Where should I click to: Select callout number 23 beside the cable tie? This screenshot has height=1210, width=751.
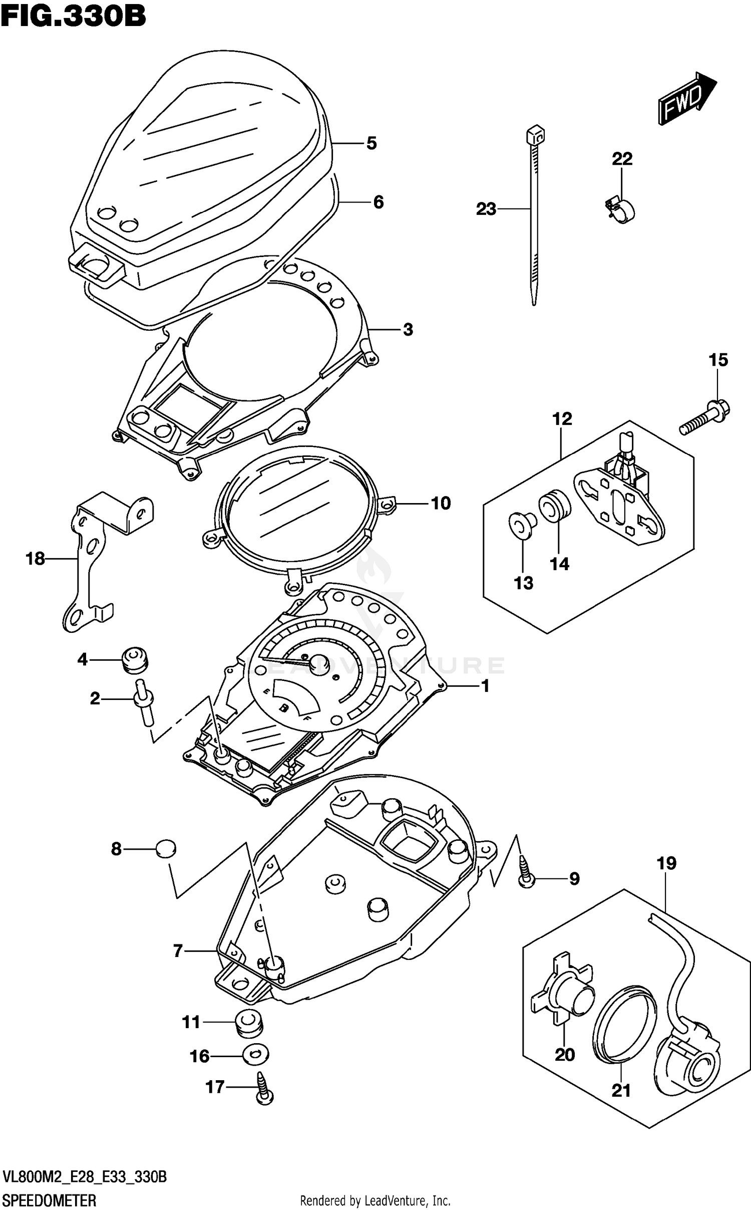[x=486, y=208]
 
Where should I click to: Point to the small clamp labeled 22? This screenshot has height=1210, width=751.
[x=621, y=209]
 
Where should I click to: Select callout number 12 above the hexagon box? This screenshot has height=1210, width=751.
[x=562, y=419]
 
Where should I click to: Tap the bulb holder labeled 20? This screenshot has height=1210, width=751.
[x=563, y=992]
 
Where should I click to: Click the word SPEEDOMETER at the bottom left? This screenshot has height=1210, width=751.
[x=49, y=1200]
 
